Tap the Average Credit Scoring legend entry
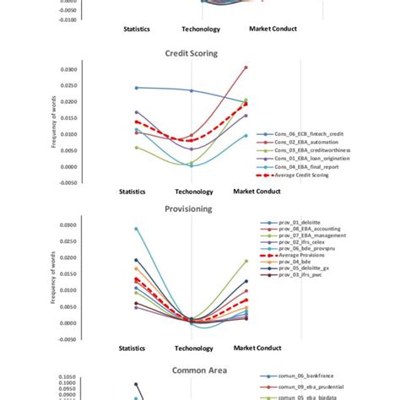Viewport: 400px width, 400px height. pos(311,176)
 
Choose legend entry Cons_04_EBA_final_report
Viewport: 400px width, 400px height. pos(311,167)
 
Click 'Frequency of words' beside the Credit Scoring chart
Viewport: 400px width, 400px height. pos(78,126)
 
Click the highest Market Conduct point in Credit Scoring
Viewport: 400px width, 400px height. pos(246,67)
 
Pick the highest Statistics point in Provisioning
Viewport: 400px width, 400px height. pos(136,228)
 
